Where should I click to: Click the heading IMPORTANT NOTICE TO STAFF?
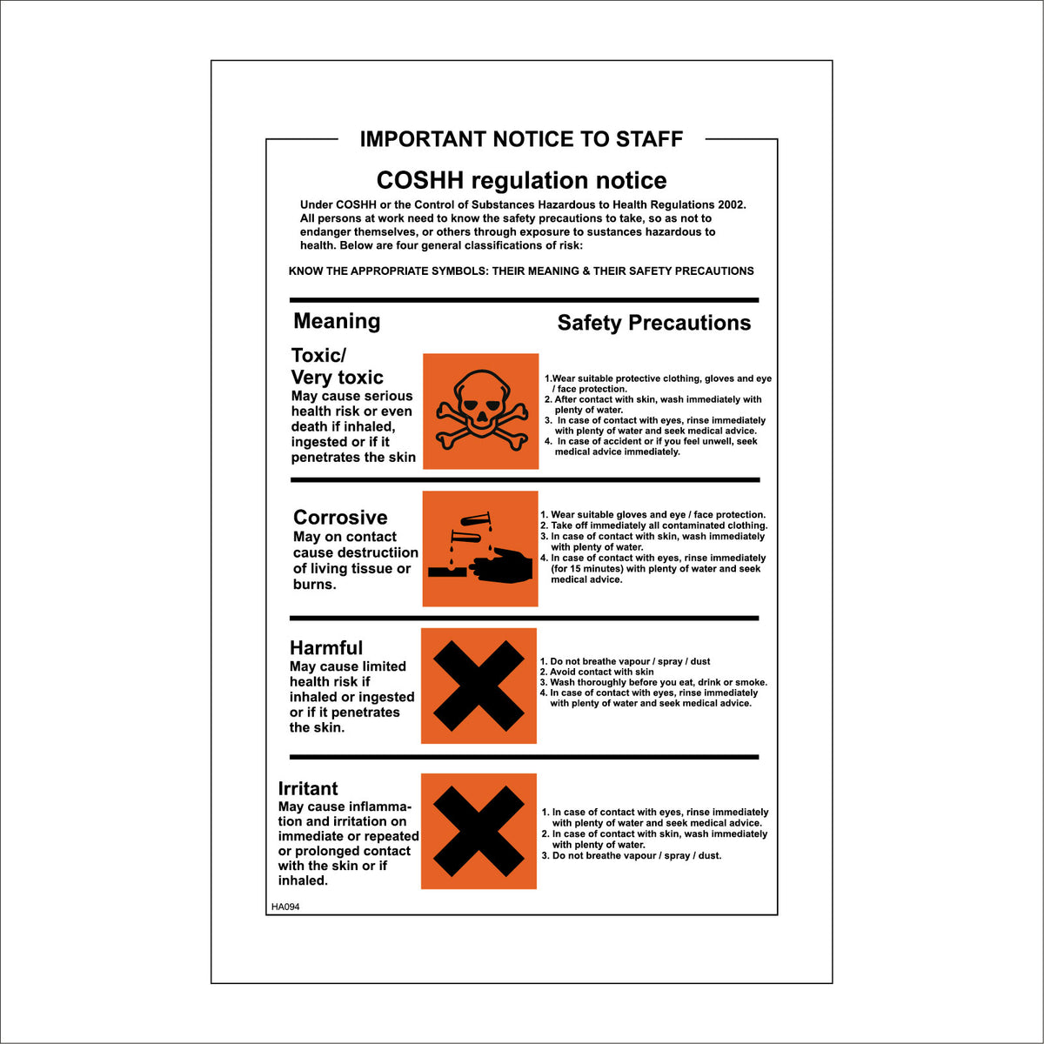click(x=521, y=139)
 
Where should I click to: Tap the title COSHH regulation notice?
click(x=521, y=180)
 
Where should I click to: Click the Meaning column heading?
click(x=337, y=321)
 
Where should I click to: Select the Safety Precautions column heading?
click(x=653, y=323)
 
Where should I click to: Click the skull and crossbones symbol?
click(x=480, y=411)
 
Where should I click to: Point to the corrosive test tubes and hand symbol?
click(x=480, y=549)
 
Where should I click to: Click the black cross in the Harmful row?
click(x=478, y=686)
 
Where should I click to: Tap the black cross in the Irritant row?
click(x=478, y=831)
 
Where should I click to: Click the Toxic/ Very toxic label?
click(x=337, y=366)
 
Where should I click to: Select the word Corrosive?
click(x=340, y=518)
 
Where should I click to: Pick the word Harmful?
click(x=326, y=648)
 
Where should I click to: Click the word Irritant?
click(x=308, y=789)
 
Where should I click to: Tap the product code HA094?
click(x=285, y=907)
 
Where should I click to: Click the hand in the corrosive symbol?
click(x=502, y=569)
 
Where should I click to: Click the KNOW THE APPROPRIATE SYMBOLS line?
click(x=521, y=271)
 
